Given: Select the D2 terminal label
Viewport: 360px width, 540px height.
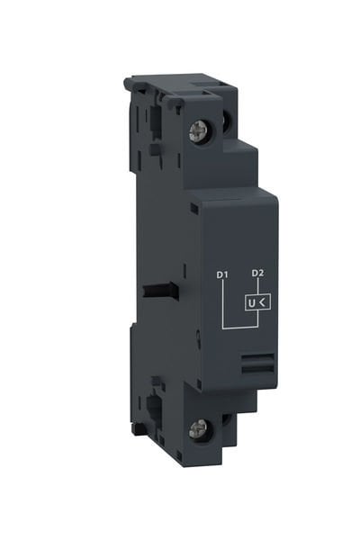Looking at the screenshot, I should (x=257, y=273).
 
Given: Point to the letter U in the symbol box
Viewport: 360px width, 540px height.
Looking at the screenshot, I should (x=252, y=302).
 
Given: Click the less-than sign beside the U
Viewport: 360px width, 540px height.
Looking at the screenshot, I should (x=262, y=302).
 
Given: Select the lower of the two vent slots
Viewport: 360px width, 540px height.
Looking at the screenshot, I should (x=258, y=368).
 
